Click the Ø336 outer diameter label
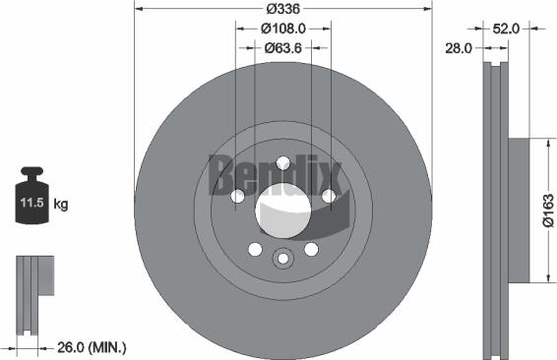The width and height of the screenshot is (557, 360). (x=282, y=10)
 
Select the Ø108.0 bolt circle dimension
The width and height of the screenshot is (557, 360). (x=282, y=30)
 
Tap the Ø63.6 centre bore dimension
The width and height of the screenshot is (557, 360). (x=282, y=49)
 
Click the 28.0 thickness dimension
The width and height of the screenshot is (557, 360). (x=460, y=47)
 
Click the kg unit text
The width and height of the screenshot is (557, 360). (x=61, y=205)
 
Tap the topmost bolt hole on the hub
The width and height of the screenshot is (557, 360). (x=282, y=163)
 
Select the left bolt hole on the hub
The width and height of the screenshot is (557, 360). (x=237, y=197)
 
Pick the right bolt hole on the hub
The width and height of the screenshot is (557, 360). (x=328, y=197)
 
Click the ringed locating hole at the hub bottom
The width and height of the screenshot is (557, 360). (x=282, y=259)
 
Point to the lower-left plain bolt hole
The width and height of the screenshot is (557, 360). (x=255, y=249)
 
